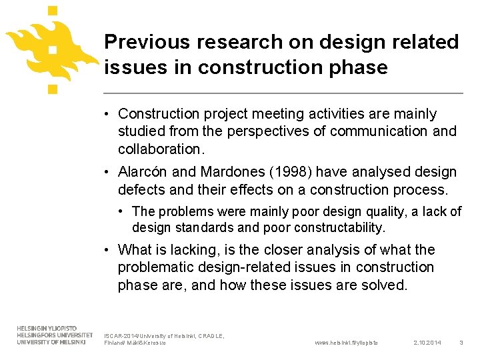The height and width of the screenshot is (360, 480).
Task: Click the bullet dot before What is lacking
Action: pyautogui.click(x=107, y=250)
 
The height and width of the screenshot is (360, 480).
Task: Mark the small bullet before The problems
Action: pyautogui.click(x=122, y=211)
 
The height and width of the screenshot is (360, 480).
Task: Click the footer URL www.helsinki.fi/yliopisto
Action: pyautogui.click(x=345, y=343)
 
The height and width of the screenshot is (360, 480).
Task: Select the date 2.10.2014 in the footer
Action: pyautogui.click(x=427, y=343)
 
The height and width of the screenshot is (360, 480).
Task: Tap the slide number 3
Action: pyautogui.click(x=461, y=343)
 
